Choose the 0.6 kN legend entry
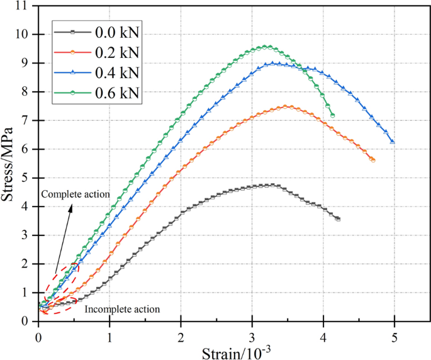tap(97, 94)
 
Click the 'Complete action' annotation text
tap(76, 194)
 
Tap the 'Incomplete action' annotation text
tap(122, 309)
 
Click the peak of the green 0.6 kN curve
tap(267, 47)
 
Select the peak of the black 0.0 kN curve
tap(271, 185)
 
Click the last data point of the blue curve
tap(393, 142)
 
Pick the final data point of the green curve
tap(332, 115)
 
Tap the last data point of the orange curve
tap(372, 160)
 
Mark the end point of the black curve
tap(338, 219)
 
